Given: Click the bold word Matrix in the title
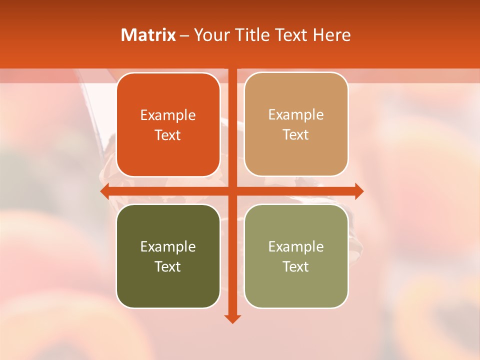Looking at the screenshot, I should pyautogui.click(x=148, y=35).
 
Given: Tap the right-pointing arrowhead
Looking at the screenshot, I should pyautogui.click(x=359, y=191).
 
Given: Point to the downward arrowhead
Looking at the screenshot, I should pyautogui.click(x=232, y=318).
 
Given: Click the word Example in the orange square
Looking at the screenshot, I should pyautogui.click(x=168, y=115).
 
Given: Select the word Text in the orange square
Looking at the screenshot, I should pyautogui.click(x=168, y=135).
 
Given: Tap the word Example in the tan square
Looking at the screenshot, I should pyautogui.click(x=296, y=115).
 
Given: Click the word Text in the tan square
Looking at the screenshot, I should pyautogui.click(x=296, y=135).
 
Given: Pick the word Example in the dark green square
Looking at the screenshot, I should pyautogui.click(x=168, y=246).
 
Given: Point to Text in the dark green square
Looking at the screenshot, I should pyautogui.click(x=168, y=266).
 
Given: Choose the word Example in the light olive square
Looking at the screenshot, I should pyautogui.click(x=296, y=246).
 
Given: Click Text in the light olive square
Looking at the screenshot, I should pyautogui.click(x=296, y=266).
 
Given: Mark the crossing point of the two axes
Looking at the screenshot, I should pyautogui.click(x=232, y=191).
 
